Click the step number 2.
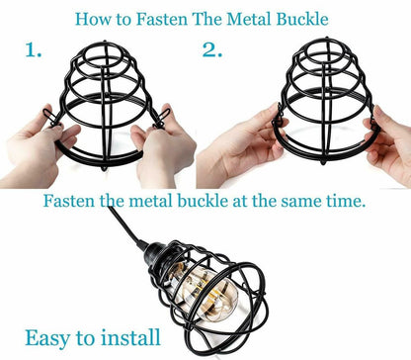click(212, 49)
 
